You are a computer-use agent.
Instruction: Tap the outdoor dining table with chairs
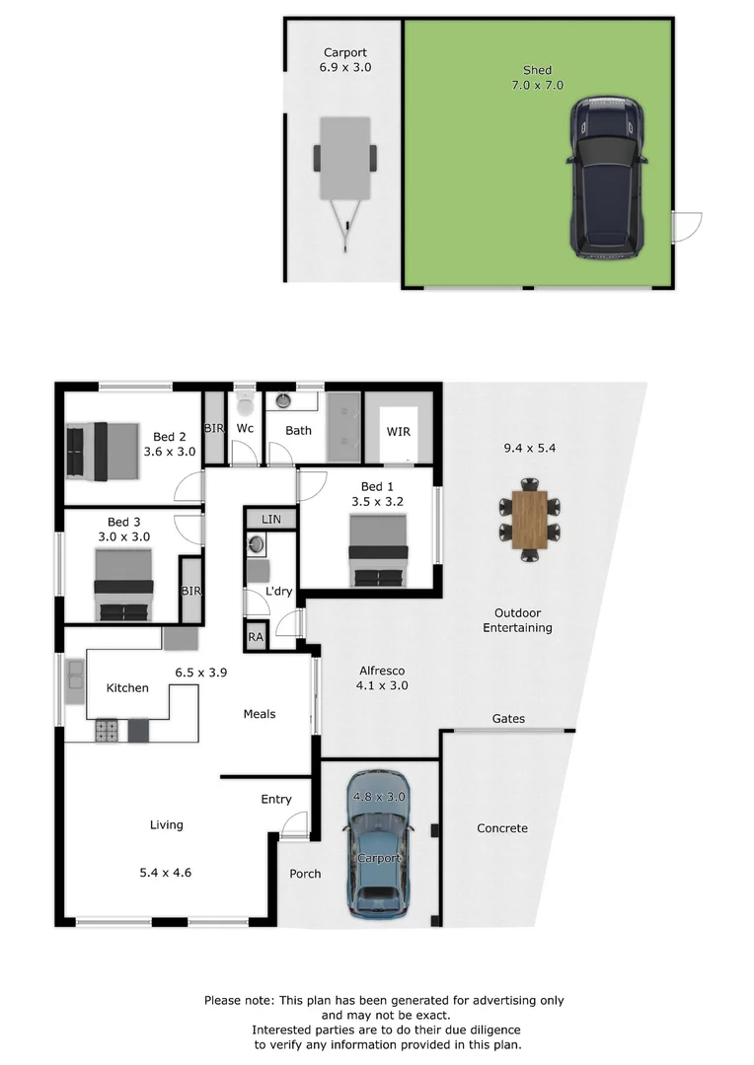[530, 520]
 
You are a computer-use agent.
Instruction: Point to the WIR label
[399, 432]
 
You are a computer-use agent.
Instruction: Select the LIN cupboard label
[269, 520]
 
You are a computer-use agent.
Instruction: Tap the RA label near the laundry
[257, 637]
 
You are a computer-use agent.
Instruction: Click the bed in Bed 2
[102, 451]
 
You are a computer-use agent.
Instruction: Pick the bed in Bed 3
[123, 585]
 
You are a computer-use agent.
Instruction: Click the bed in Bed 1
[380, 551]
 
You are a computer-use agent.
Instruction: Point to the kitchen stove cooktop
[107, 731]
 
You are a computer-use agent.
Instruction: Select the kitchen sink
[75, 674]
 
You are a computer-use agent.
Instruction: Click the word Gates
[508, 719]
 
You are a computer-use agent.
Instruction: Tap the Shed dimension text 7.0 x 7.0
[538, 85]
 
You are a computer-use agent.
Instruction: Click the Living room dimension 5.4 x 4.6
[166, 872]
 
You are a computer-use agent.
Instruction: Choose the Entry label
[276, 799]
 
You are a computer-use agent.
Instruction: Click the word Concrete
[501, 828]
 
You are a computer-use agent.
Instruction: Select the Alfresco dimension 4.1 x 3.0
[382, 685]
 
